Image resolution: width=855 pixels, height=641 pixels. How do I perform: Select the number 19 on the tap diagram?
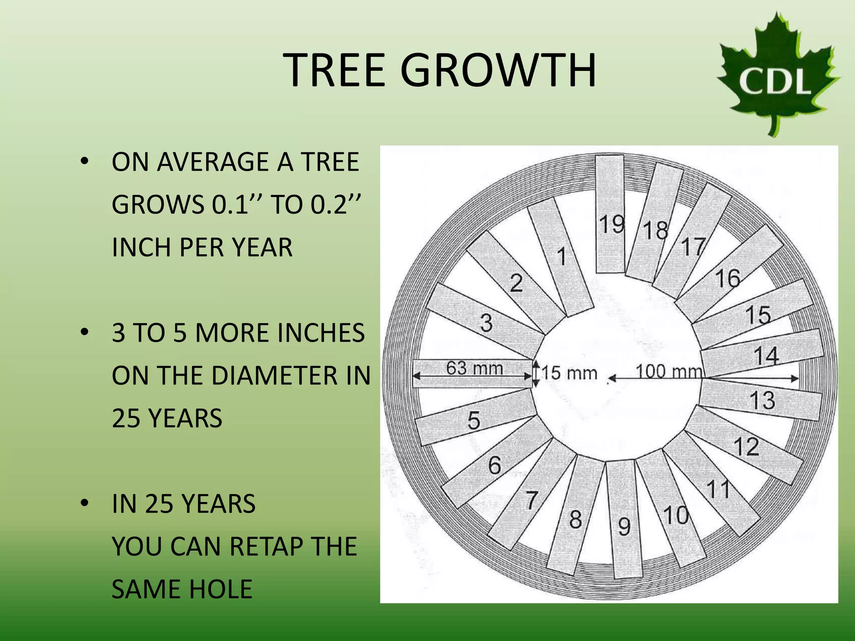coord(612,224)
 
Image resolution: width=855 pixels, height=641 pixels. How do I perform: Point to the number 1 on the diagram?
coord(562,256)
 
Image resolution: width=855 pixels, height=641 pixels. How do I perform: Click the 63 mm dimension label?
coord(475,368)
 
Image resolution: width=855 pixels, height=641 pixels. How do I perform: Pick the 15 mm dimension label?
coord(569,373)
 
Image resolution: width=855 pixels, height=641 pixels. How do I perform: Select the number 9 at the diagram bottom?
coord(624,526)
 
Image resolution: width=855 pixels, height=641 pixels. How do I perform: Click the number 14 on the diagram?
coord(766,356)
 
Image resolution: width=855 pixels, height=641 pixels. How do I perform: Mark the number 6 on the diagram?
coord(494,465)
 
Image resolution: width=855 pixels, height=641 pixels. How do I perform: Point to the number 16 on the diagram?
coord(728,278)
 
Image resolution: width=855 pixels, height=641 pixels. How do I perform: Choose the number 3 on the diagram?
coord(486,323)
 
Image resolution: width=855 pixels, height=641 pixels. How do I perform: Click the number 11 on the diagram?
coord(718,489)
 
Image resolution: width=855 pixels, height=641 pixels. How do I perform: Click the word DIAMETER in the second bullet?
coord(276,375)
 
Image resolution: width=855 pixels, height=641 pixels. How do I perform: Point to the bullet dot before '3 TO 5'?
coord(85,332)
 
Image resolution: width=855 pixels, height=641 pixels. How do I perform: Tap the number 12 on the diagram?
coord(746,447)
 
